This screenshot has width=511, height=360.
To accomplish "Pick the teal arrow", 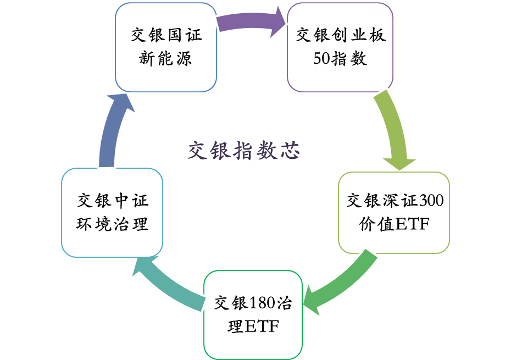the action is tap(170, 283).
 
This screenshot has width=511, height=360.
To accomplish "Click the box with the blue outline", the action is tap(166, 47).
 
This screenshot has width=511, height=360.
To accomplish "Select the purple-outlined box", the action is tap(340, 47).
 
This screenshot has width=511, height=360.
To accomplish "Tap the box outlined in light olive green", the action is tap(394, 213).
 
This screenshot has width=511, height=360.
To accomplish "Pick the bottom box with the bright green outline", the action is tap(253, 314).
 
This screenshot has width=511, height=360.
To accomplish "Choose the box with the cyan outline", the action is tap(112, 213).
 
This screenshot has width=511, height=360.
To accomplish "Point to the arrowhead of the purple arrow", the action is tap(277, 22).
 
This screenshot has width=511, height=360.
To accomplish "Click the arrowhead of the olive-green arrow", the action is tap(399, 163).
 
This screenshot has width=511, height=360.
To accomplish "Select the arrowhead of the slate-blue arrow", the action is tap(119, 103).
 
